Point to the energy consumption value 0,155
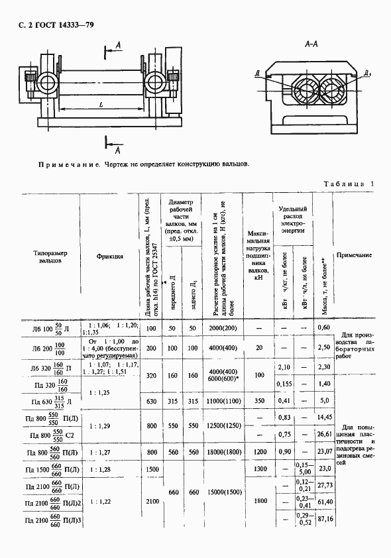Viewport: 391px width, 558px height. pos(283,383)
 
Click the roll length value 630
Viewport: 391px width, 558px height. pos(150,401)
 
